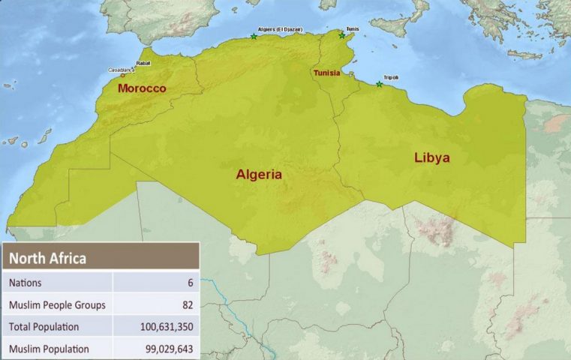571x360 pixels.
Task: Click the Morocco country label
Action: [142, 88]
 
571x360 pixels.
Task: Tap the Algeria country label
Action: [259, 175]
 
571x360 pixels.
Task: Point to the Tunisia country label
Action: [326, 73]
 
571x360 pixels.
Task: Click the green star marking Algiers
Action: [254, 36]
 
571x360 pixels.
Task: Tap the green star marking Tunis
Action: [342, 35]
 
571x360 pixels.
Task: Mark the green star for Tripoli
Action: [380, 85]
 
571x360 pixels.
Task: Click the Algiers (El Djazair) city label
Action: [280, 29]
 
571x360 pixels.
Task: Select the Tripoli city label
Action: [391, 77]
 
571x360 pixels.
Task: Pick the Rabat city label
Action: [143, 64]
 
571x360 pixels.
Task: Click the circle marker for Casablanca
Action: [123, 75]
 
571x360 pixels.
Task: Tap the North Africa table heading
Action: [47, 259]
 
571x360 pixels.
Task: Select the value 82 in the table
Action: [188, 304]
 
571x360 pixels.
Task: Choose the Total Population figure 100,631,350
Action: [162, 327]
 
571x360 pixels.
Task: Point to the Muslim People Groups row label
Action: [57, 304]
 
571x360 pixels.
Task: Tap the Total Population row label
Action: [44, 327]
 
